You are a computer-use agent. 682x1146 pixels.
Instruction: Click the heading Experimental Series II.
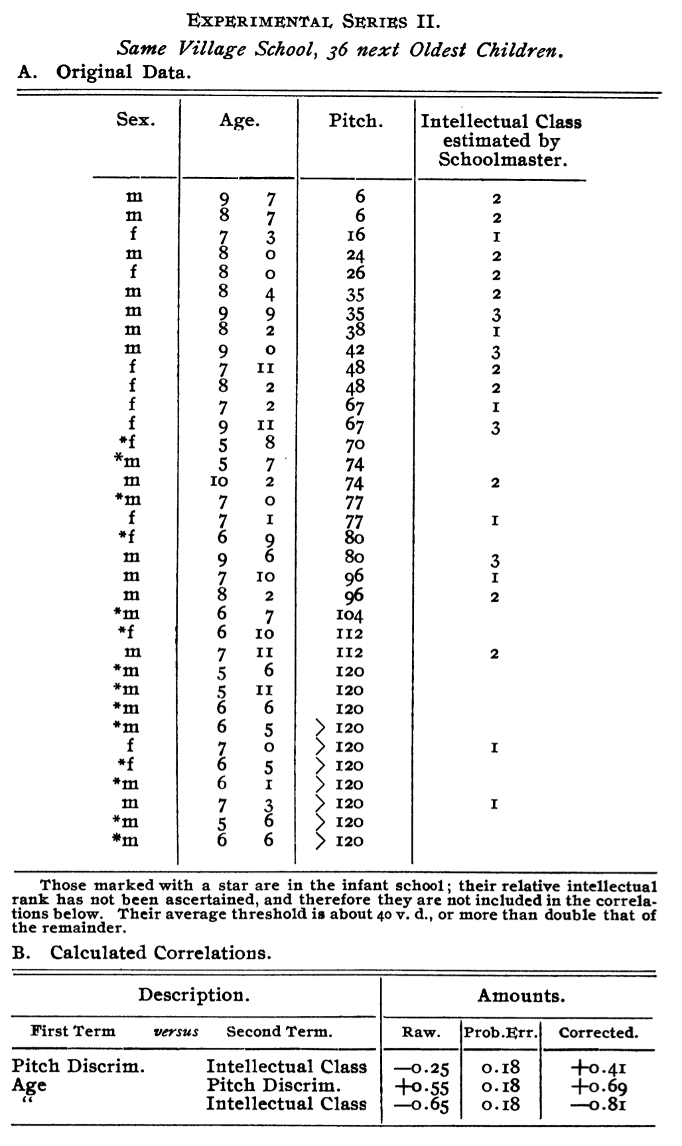(313, 21)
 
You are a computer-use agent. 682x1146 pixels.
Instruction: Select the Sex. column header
(136, 121)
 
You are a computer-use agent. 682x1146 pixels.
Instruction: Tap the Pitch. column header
(356, 121)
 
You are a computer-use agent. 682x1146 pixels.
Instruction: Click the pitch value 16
(356, 235)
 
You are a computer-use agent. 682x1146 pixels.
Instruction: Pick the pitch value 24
(356, 255)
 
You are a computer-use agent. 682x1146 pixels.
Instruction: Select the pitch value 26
(356, 274)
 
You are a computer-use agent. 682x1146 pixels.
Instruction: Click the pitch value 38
(356, 330)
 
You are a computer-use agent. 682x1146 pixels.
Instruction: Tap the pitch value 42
(356, 350)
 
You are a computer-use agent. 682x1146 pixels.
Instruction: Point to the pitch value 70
(356, 444)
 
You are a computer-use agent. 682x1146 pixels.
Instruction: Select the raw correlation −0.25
(421, 1067)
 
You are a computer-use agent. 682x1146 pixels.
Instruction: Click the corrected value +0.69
(598, 1086)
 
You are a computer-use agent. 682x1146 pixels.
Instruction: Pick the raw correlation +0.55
(421, 1086)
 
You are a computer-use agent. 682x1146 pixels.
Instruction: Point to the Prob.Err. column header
(502, 1033)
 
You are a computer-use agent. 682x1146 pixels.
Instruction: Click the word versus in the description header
(176, 1032)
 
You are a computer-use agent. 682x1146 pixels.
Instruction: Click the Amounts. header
(521, 995)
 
